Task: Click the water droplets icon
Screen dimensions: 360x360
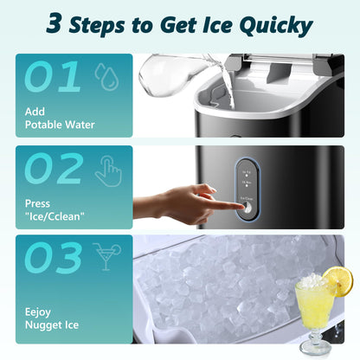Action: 106,77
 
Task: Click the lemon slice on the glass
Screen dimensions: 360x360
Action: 339,281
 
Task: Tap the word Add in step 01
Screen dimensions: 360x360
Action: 35,112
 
